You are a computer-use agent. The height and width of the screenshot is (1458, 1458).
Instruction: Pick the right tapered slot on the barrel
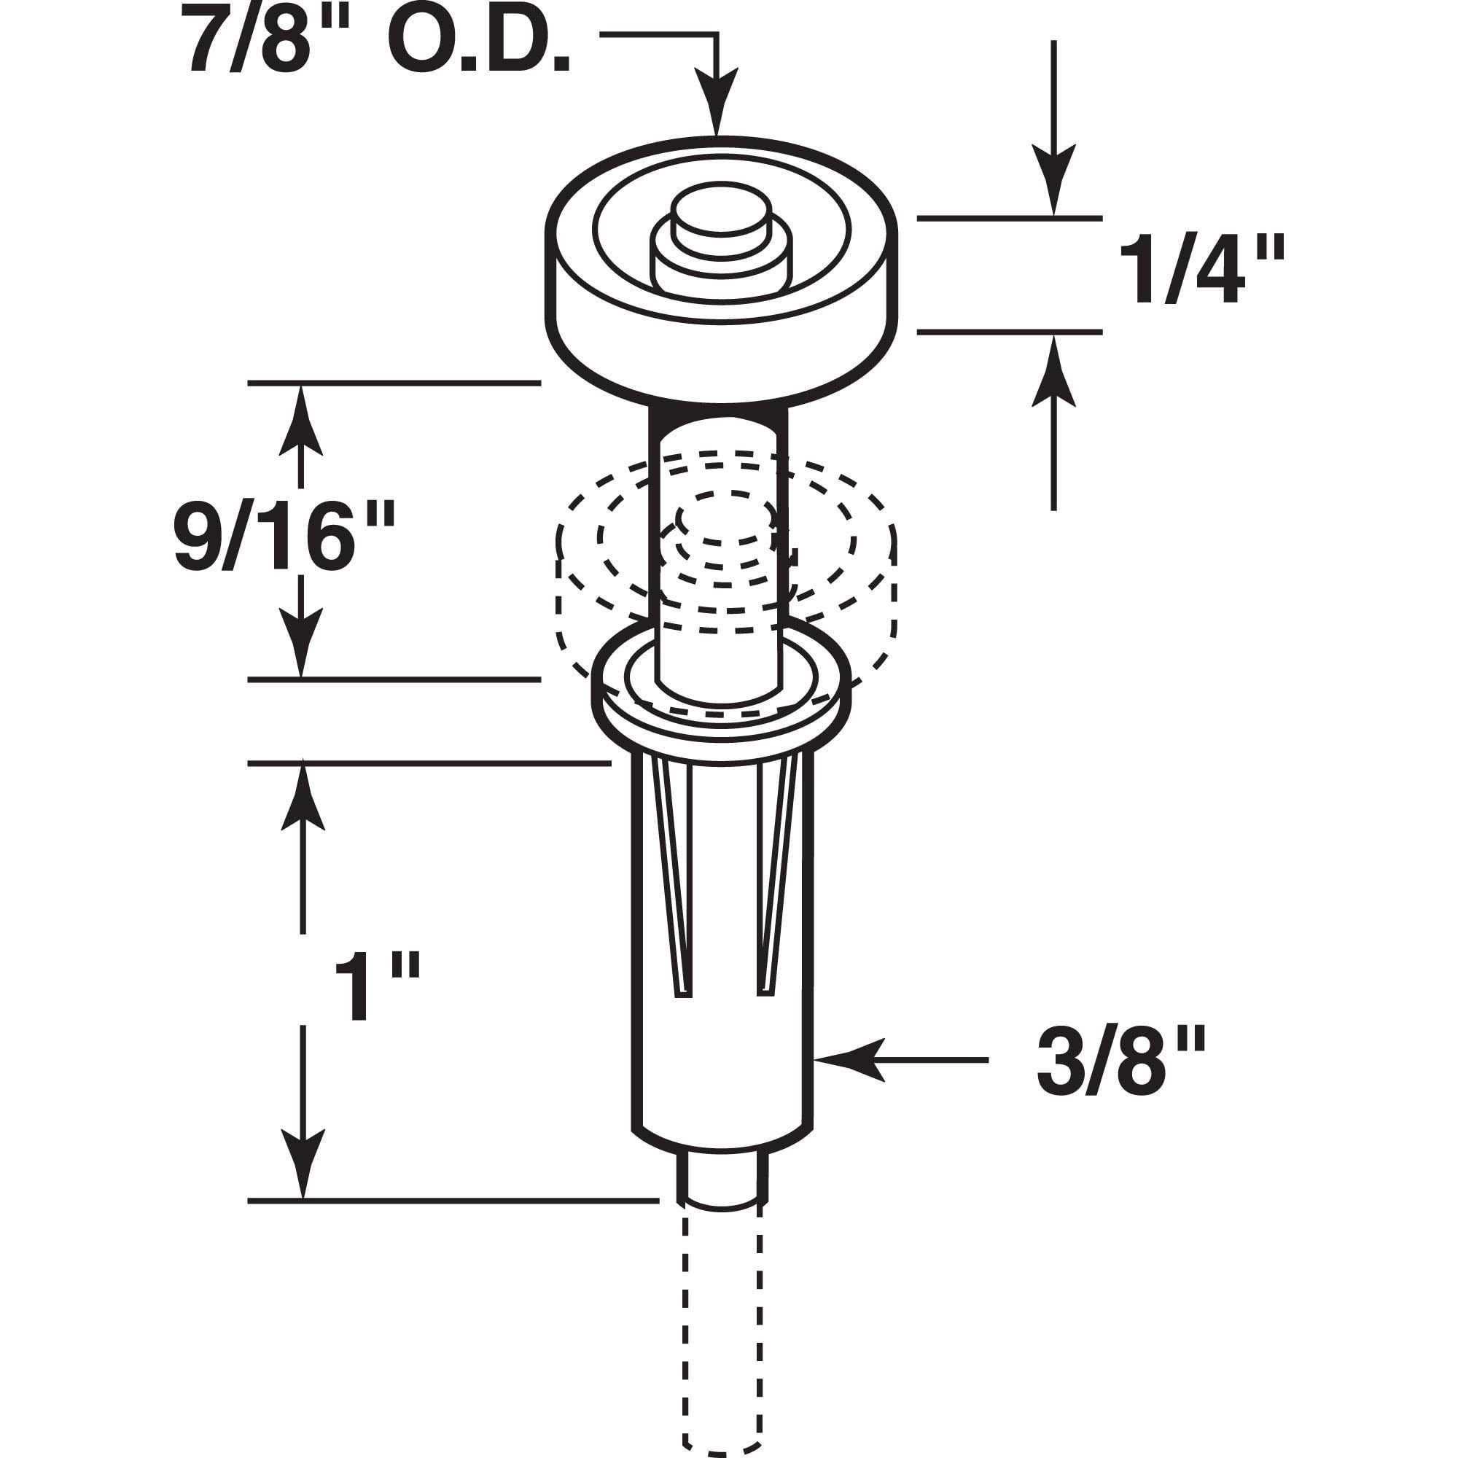(776, 876)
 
